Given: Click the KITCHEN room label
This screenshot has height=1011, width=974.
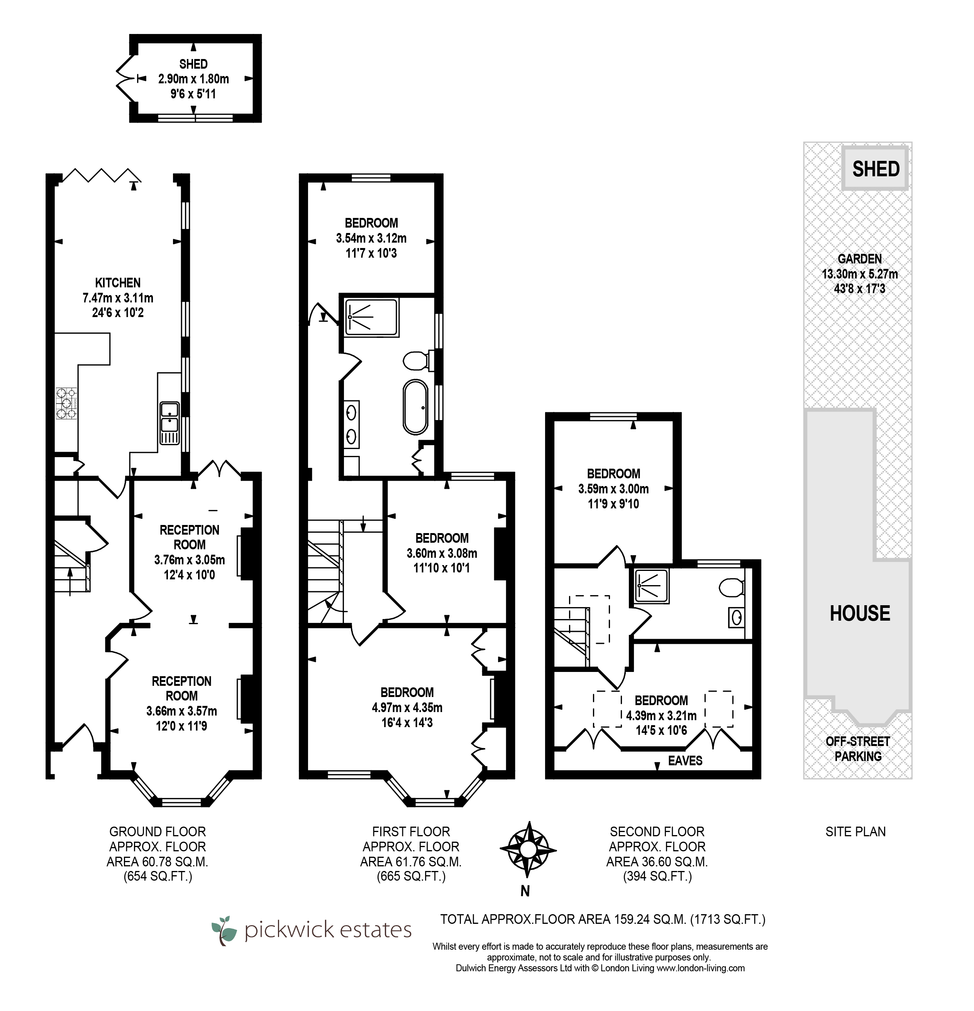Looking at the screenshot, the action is (x=118, y=283).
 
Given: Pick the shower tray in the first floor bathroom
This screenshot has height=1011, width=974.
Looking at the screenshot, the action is (x=372, y=318).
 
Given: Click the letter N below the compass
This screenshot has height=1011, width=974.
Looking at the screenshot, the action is (x=525, y=891).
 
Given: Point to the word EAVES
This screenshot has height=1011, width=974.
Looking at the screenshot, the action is (x=685, y=760).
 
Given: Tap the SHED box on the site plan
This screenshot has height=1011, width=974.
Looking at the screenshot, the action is (x=876, y=169).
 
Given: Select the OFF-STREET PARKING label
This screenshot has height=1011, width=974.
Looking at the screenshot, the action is (x=858, y=749).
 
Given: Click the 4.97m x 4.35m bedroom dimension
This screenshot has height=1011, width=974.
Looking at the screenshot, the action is (x=407, y=708).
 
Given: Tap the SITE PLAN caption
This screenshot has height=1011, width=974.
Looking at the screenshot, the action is (x=855, y=832).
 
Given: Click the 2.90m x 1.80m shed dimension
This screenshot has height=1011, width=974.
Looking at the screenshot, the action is (x=193, y=79).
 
